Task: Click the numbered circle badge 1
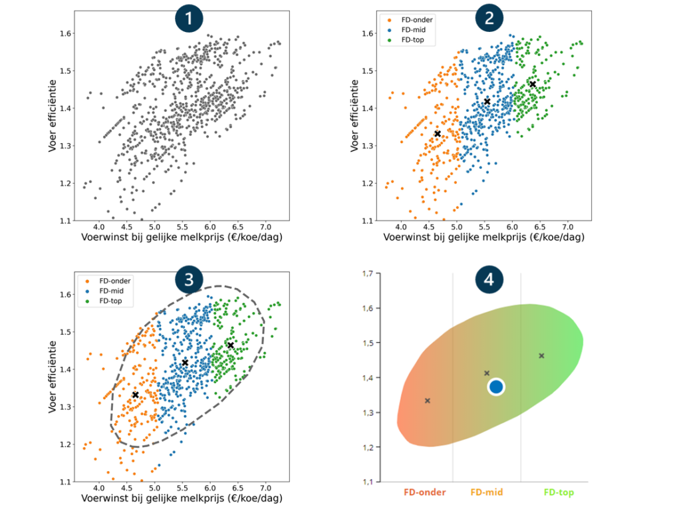click(188, 19)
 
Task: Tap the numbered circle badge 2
click(489, 19)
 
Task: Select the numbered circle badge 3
click(188, 280)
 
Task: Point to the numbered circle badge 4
click(489, 280)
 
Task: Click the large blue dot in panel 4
click(496, 387)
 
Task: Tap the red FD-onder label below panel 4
click(424, 493)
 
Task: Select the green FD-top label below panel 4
click(559, 493)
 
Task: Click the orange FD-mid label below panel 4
click(487, 493)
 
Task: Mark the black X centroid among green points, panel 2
click(533, 84)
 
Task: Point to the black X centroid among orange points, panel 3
click(136, 395)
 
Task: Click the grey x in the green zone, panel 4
click(541, 356)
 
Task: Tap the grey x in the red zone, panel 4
click(428, 401)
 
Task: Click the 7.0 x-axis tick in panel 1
click(265, 228)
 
